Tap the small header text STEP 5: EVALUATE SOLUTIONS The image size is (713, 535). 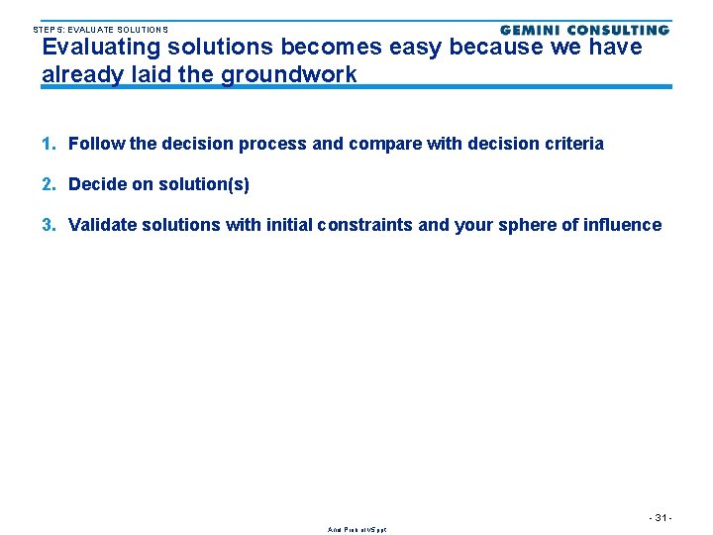tap(100, 30)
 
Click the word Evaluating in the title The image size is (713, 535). tap(100, 47)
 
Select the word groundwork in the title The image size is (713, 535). tap(289, 74)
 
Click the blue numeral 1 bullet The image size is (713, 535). tap(49, 144)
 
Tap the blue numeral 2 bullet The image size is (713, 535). tap(49, 184)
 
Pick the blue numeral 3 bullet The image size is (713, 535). tap(49, 225)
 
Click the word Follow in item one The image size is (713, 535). tap(96, 144)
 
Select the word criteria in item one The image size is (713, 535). tap(573, 144)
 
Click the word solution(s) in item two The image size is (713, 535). tap(204, 184)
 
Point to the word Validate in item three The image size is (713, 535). tap(103, 225)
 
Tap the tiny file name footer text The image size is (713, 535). tap(356, 529)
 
